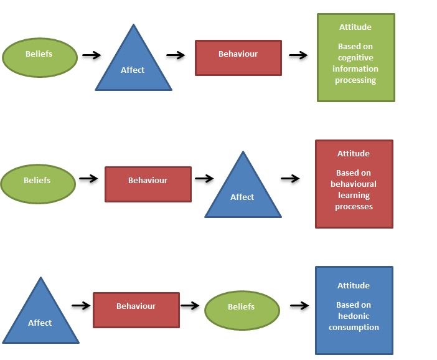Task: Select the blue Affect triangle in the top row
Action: click(133, 66)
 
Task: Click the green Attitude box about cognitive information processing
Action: click(356, 57)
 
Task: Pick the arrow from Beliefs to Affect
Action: click(92, 55)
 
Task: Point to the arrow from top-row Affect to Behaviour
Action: click(176, 55)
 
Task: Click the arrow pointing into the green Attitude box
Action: click(298, 55)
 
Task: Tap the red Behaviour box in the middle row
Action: click(148, 184)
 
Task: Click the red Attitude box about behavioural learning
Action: click(354, 184)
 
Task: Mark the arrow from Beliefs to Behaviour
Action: click(89, 179)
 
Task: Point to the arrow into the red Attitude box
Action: click(290, 179)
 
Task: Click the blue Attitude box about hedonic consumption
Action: click(354, 310)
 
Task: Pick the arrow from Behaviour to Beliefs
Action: click(189, 306)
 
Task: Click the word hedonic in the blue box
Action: click(354, 316)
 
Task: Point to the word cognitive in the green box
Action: click(355, 58)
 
